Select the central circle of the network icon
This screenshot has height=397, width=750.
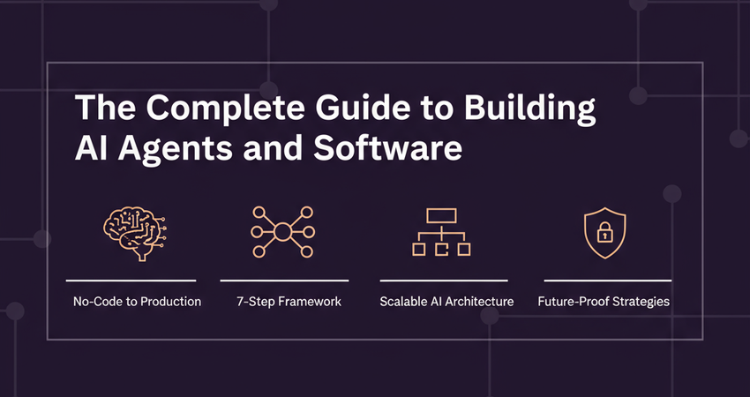point(282,233)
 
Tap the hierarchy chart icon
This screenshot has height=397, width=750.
point(441,233)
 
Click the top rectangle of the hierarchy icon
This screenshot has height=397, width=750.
point(441,214)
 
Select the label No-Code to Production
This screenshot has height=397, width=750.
point(137,302)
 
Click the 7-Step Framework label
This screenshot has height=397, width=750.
point(289,302)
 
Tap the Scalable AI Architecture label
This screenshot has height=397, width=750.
point(446,302)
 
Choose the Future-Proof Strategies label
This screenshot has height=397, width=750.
point(604,302)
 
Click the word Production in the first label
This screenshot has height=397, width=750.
point(169,302)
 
